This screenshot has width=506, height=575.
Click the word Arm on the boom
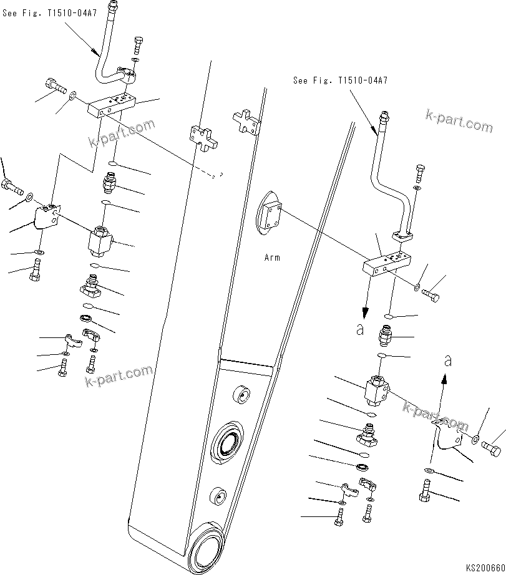click(x=272, y=257)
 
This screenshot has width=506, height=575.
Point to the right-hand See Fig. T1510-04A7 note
click(x=340, y=80)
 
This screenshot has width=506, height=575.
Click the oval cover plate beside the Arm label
click(x=270, y=213)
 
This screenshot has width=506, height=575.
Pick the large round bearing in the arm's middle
click(x=227, y=445)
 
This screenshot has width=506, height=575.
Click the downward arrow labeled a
click(x=366, y=302)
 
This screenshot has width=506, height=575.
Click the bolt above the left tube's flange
click(x=138, y=46)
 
